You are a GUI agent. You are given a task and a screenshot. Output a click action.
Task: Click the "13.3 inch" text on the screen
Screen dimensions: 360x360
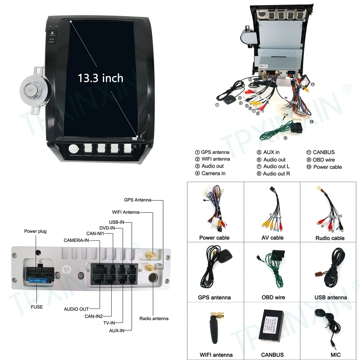(x=100, y=78)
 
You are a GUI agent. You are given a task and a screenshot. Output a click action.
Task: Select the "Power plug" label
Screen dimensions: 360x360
(x=35, y=231)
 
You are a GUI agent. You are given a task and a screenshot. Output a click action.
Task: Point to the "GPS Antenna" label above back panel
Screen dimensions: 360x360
(x=138, y=200)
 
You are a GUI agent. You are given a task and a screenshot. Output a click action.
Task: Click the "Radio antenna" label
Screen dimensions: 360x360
(x=154, y=318)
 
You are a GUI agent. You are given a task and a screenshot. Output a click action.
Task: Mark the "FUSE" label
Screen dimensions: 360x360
(x=37, y=307)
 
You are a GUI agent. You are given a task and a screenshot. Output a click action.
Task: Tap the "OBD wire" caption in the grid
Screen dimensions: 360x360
(x=273, y=297)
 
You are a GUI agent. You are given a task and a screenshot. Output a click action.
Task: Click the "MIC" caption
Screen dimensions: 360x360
(x=330, y=355)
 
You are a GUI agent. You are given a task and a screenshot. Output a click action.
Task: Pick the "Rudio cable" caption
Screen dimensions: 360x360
(x=330, y=238)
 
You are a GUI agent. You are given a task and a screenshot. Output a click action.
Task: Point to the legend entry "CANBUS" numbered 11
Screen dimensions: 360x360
(x=323, y=152)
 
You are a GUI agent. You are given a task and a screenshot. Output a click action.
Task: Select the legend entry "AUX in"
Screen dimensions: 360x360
(x=271, y=152)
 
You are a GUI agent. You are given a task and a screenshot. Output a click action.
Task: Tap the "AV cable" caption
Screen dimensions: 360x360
(x=273, y=238)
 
